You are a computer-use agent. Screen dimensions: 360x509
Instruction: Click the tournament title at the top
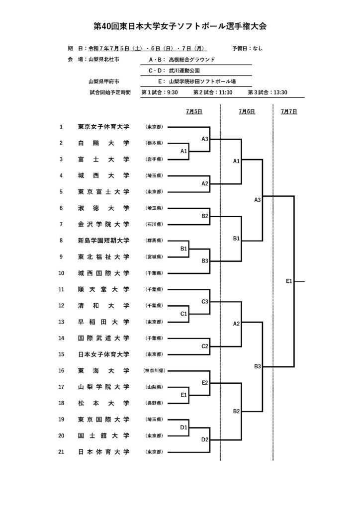click(x=180, y=26)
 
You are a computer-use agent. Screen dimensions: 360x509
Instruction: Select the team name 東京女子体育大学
click(x=103, y=127)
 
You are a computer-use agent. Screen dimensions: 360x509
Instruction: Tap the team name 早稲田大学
click(x=103, y=322)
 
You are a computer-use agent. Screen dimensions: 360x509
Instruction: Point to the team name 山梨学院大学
click(x=103, y=387)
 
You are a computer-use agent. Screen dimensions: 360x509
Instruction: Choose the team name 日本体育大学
click(x=103, y=451)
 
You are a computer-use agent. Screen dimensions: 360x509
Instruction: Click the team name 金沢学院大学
click(x=103, y=224)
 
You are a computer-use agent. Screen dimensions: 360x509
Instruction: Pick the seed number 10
click(x=61, y=273)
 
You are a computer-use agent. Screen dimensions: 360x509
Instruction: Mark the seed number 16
click(x=61, y=370)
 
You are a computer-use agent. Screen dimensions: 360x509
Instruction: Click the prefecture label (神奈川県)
click(x=154, y=370)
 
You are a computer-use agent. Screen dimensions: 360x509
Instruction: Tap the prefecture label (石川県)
click(x=154, y=224)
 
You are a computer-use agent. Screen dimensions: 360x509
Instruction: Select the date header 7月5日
click(x=194, y=111)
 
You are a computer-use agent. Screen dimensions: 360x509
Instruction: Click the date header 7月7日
click(x=289, y=111)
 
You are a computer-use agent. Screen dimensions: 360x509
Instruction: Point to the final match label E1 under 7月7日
click(x=289, y=281)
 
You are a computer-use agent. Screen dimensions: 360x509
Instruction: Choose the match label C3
click(x=205, y=302)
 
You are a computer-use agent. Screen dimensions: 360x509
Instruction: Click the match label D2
click(x=205, y=439)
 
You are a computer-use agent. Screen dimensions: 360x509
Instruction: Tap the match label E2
click(x=205, y=383)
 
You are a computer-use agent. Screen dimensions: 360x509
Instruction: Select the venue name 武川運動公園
click(x=184, y=71)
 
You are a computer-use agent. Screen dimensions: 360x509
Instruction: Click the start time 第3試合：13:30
click(x=268, y=92)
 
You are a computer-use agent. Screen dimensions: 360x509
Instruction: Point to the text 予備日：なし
click(x=247, y=48)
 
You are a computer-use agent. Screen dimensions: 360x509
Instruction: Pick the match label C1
click(x=184, y=314)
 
